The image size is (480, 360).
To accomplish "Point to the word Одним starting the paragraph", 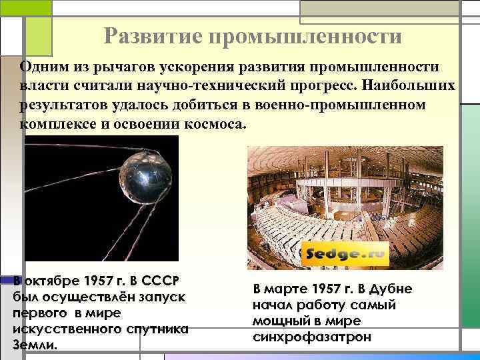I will click(x=43, y=67).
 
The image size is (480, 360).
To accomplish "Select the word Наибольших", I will click(x=413, y=86).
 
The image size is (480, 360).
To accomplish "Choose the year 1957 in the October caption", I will click(x=112, y=279).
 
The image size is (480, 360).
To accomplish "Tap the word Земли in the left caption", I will click(x=34, y=345).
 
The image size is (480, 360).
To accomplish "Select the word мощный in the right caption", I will click(x=279, y=321).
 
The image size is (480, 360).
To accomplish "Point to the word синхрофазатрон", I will click(x=312, y=337).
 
